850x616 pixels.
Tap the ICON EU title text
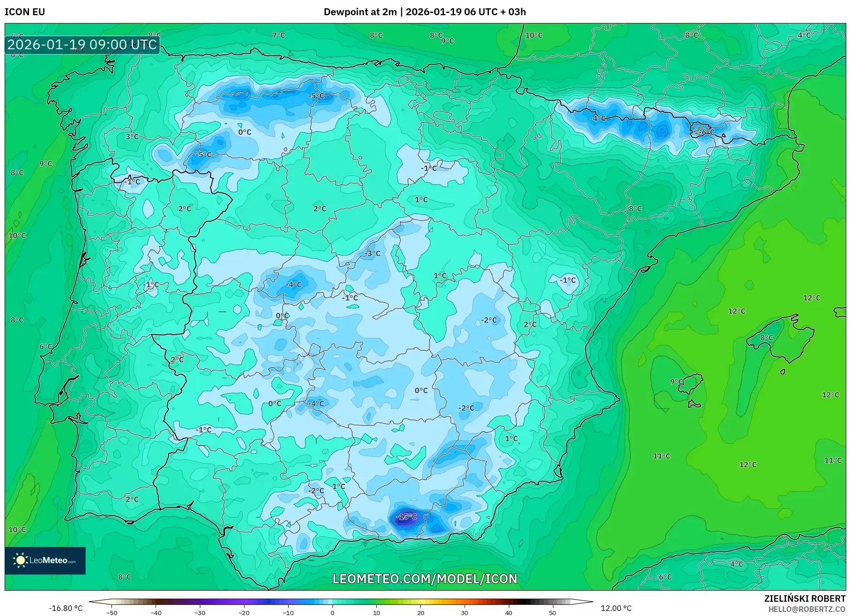(25, 12)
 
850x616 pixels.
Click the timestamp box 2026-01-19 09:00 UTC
(82, 45)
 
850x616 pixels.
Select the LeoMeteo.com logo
(45, 560)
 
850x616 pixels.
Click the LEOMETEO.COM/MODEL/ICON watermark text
(425, 579)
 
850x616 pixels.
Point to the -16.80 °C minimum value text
(66, 608)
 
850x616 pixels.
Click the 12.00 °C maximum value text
(616, 608)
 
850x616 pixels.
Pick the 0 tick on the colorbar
(332, 612)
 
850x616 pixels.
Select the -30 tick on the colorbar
(199, 612)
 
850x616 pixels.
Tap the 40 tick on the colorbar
(508, 612)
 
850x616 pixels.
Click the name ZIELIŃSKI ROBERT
(805, 599)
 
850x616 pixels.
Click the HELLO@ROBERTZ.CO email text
(807, 609)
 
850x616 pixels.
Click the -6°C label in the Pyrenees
(705, 132)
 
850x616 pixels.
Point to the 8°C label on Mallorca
(766, 337)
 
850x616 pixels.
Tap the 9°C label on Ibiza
(676, 382)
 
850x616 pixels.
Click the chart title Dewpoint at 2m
(360, 12)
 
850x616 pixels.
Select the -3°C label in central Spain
(373, 253)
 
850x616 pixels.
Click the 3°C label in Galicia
(132, 136)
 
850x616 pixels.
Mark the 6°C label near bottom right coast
(665, 577)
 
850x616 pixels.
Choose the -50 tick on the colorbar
(111, 612)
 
